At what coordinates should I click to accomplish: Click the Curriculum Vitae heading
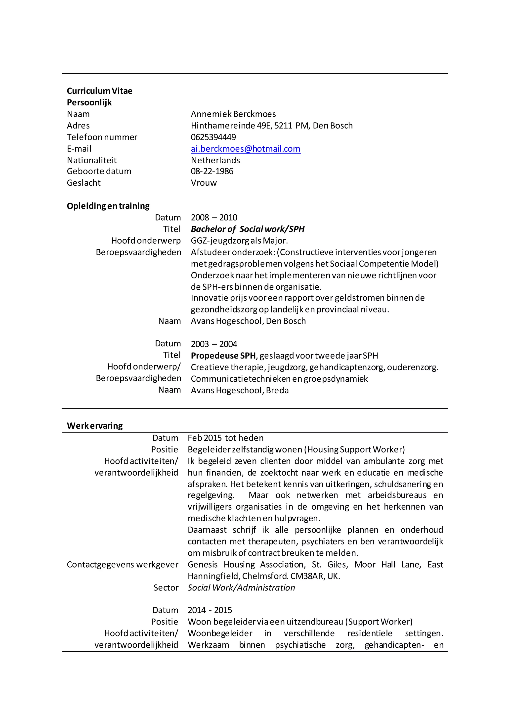[x=100, y=91]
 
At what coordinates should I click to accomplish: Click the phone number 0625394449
[x=213, y=137]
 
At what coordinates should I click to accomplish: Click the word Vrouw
[x=204, y=183]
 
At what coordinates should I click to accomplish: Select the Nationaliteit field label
[x=92, y=160]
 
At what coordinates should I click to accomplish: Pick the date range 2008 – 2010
[x=214, y=217]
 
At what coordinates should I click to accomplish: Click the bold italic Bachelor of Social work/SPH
[x=248, y=229]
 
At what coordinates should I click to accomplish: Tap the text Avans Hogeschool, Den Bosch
[x=248, y=321]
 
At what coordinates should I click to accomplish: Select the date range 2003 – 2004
[x=214, y=344]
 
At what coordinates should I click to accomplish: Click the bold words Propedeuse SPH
[x=223, y=356]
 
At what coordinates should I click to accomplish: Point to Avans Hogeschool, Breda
[x=240, y=390]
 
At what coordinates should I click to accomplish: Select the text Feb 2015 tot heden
[x=225, y=438]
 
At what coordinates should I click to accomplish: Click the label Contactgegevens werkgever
[x=123, y=564]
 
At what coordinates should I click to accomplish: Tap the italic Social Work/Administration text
[x=241, y=587]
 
